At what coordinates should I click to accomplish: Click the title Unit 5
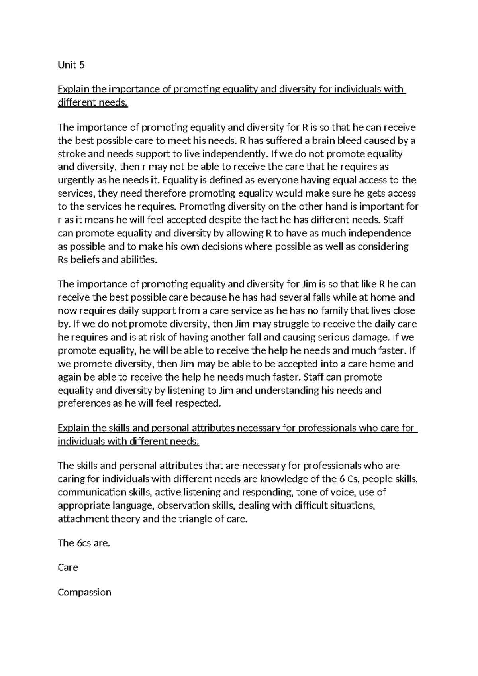point(71,65)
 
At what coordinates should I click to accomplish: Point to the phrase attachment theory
point(98,519)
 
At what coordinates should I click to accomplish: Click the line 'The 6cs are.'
point(84,543)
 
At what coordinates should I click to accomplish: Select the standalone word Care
point(68,568)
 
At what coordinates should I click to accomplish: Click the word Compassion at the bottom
point(84,592)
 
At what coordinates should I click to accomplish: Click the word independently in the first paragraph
point(234,154)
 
